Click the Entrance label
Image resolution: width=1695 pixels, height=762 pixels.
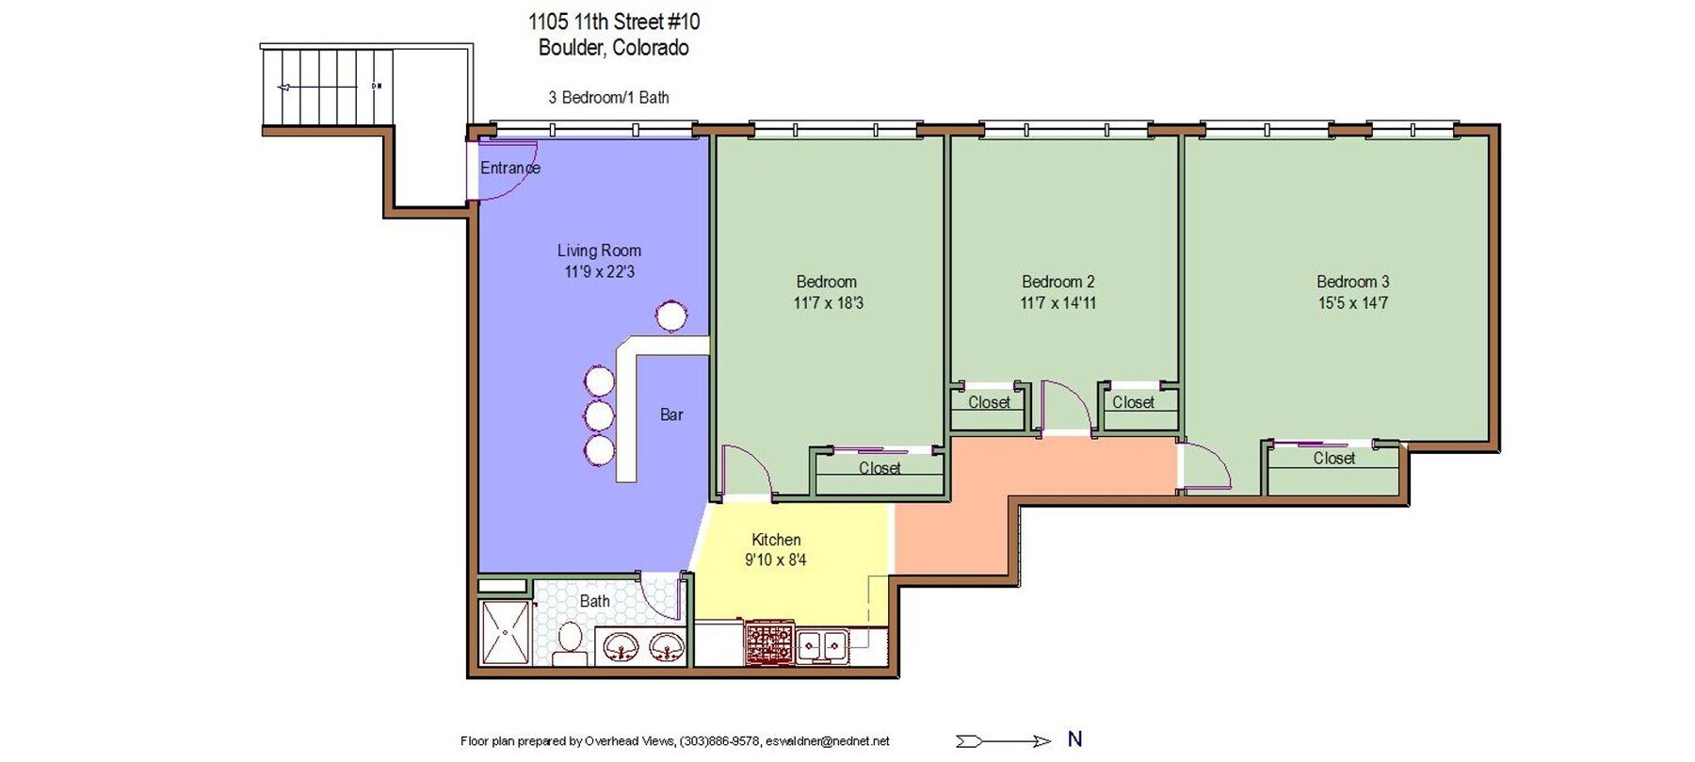click(509, 168)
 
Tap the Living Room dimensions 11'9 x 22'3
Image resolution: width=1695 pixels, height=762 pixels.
click(600, 272)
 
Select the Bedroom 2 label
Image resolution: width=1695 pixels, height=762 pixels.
click(1058, 282)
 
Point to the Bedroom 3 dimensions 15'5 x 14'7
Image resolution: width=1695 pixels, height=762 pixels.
click(1353, 303)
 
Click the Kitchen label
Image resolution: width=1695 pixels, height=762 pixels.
click(776, 540)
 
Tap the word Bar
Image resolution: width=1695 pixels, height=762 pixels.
click(671, 414)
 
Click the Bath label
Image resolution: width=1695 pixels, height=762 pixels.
click(594, 601)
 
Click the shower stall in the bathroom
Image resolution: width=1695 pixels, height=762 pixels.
click(506, 632)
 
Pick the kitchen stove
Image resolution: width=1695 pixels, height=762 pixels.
click(769, 643)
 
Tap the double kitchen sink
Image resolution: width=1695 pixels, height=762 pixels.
click(822, 646)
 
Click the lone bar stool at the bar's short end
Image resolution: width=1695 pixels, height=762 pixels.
click(671, 316)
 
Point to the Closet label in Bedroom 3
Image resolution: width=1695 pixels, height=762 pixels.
click(1334, 459)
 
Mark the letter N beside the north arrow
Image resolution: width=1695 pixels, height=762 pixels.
click(1074, 739)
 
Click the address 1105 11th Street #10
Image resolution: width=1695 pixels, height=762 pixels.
click(614, 22)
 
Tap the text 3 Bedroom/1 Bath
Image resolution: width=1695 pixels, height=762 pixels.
click(608, 97)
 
